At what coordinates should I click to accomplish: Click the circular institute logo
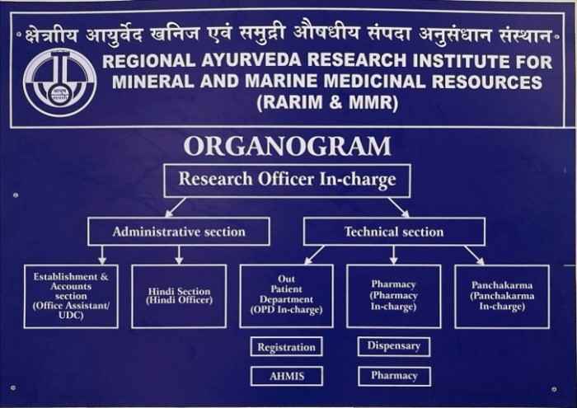(x=59, y=82)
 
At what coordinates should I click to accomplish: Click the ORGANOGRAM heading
(x=287, y=146)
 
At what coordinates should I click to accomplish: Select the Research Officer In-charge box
(x=287, y=180)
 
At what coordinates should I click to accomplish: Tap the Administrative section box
(x=179, y=232)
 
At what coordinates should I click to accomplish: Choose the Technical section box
(x=393, y=232)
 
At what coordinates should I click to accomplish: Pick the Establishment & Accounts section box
(x=71, y=295)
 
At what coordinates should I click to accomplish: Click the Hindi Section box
(x=179, y=295)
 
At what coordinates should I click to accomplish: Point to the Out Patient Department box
(x=286, y=295)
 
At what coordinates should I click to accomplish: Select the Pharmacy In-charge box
(x=393, y=295)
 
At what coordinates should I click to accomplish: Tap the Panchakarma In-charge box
(x=502, y=295)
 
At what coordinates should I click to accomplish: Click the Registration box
(x=286, y=347)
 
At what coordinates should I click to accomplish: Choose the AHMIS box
(x=286, y=376)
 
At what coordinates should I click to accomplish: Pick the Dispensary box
(x=393, y=346)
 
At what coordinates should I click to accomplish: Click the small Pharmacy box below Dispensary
(x=393, y=376)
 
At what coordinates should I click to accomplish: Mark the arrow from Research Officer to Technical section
(x=399, y=207)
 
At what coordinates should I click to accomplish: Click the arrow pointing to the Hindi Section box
(x=179, y=255)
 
